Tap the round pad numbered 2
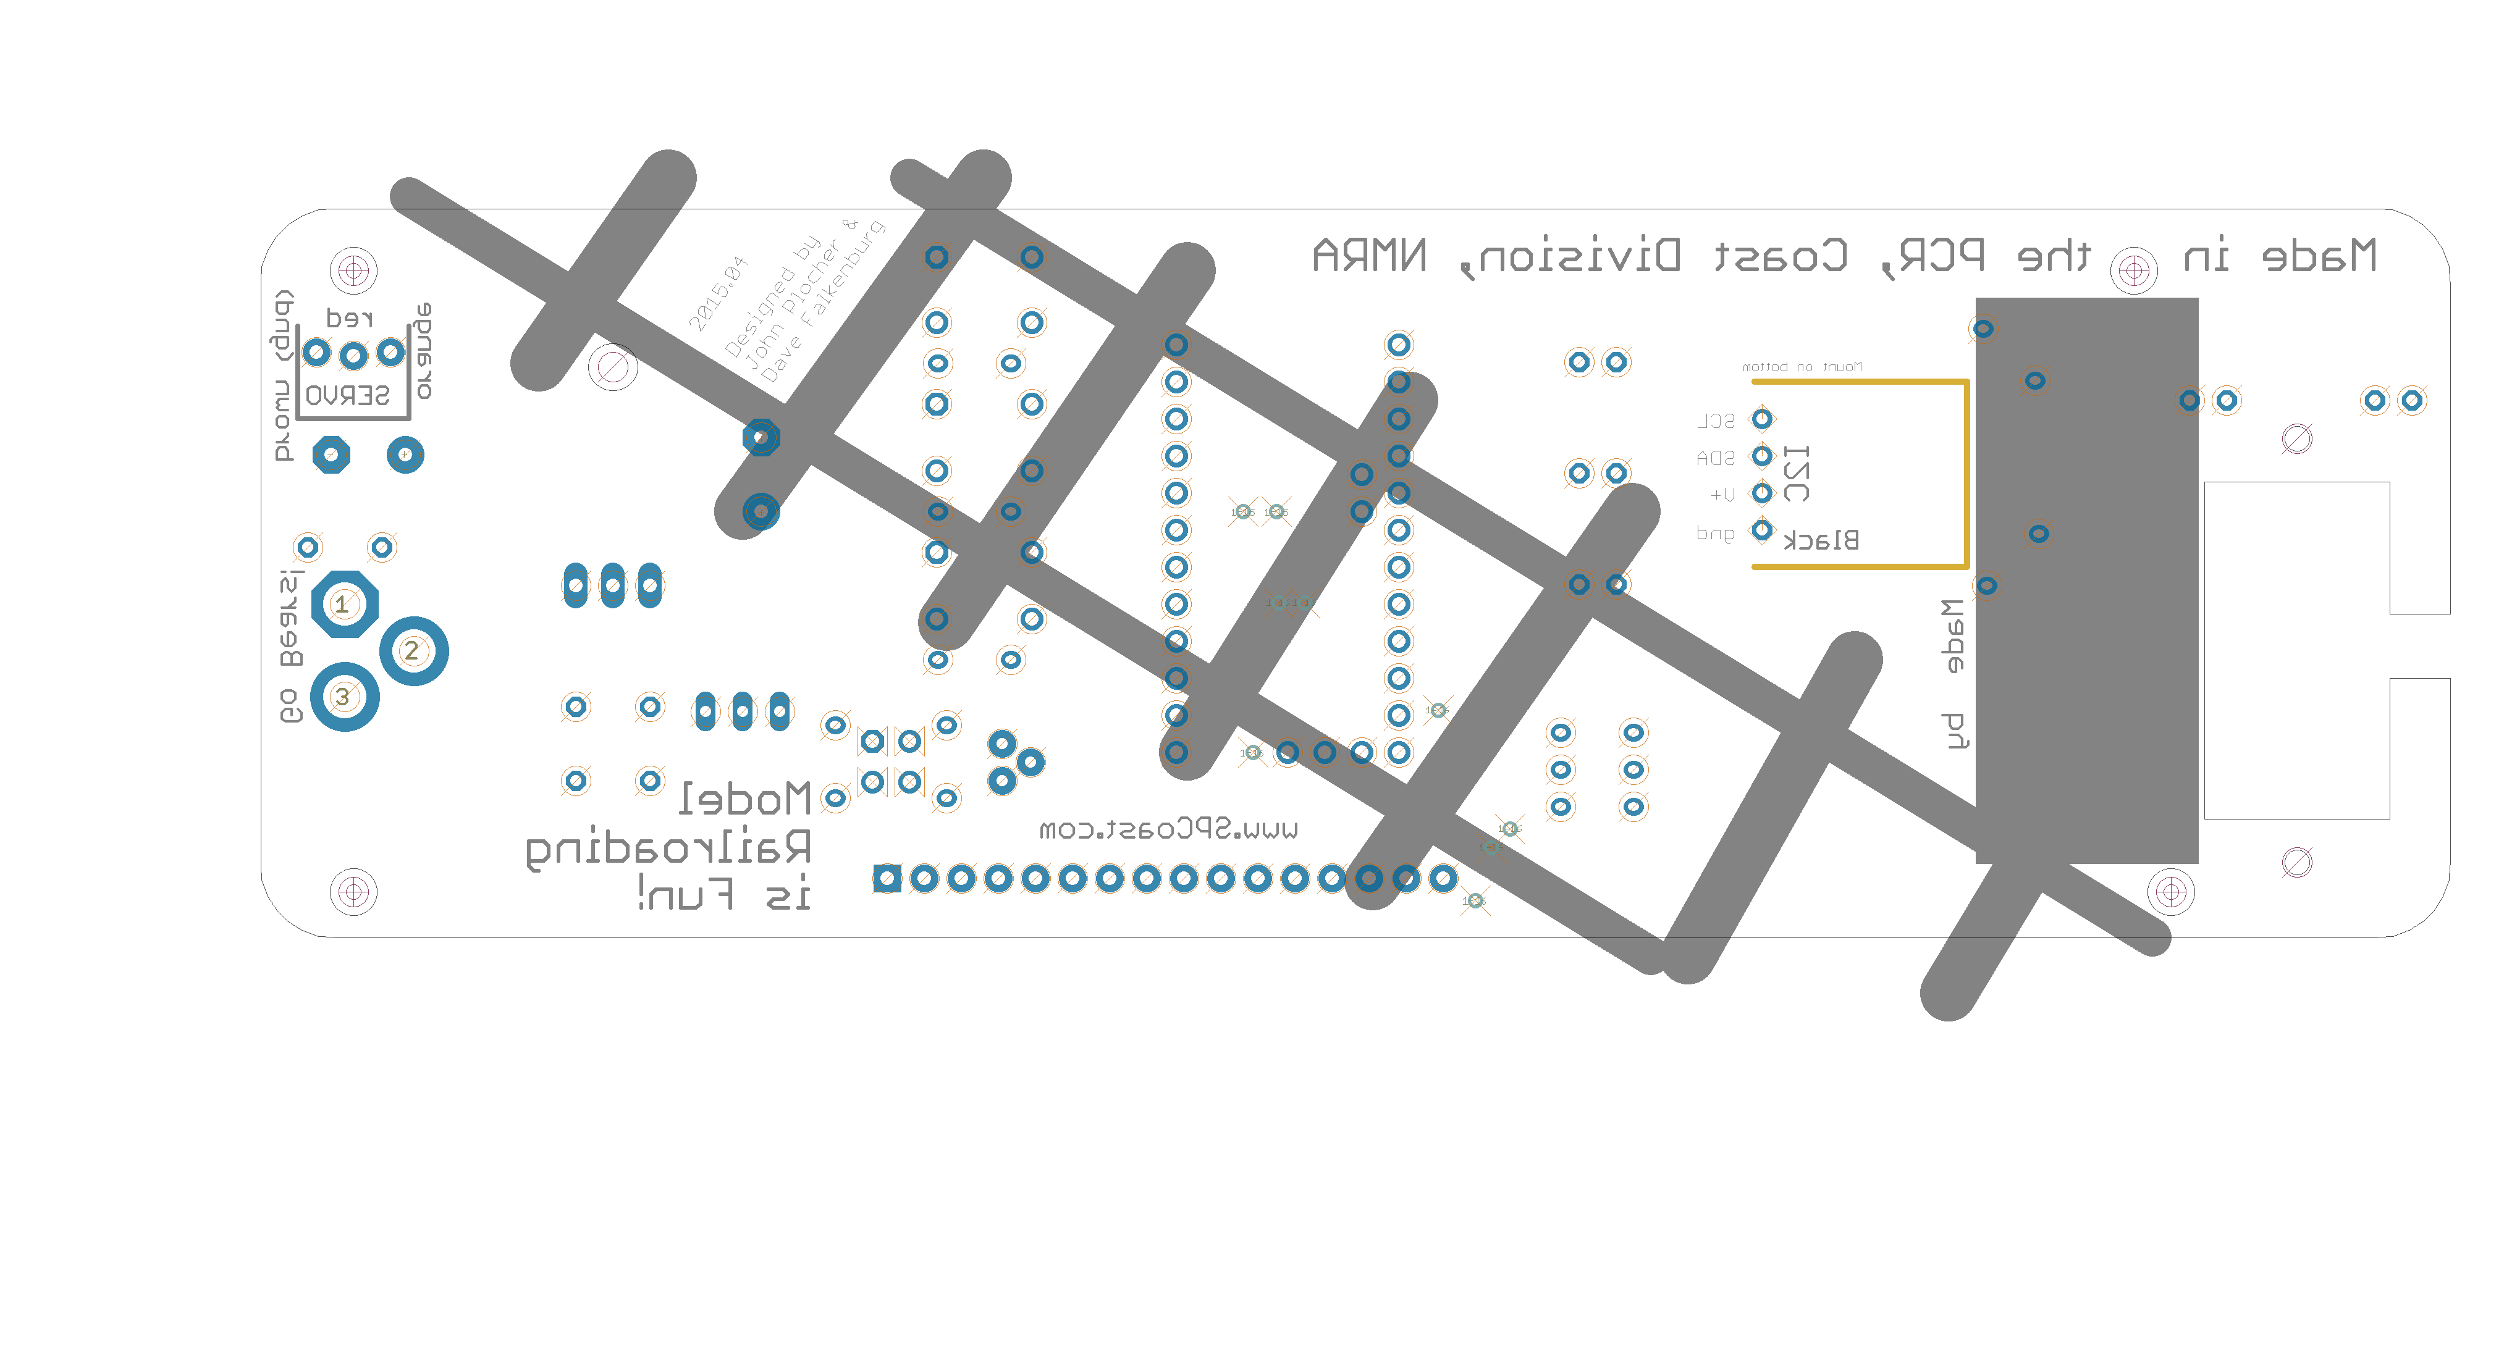(413, 650)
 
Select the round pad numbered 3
(344, 696)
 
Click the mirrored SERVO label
(347, 395)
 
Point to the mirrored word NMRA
(1369, 256)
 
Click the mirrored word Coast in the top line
(1781, 256)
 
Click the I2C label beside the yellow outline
(1796, 473)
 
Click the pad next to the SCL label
(1762, 419)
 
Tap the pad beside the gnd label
(1762, 530)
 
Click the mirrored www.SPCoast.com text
(1168, 830)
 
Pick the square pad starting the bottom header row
(887, 879)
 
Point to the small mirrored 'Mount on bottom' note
(1802, 367)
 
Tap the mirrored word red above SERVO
(349, 318)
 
